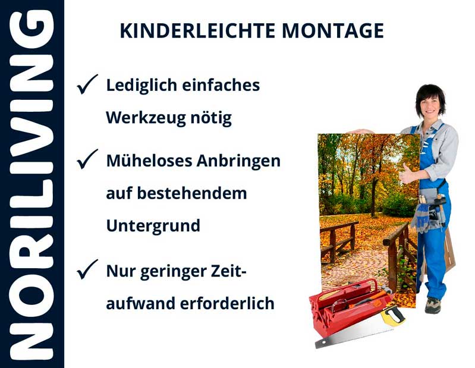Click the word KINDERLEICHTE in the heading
[198, 30]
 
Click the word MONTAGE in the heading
[334, 30]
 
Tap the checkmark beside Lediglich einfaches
[87, 84]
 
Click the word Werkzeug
[146, 118]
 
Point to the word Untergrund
[153, 226]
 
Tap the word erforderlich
[227, 303]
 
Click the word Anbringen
[238, 161]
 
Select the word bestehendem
[192, 193]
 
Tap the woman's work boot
[433, 306]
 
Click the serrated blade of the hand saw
[351, 336]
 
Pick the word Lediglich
[141, 86]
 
